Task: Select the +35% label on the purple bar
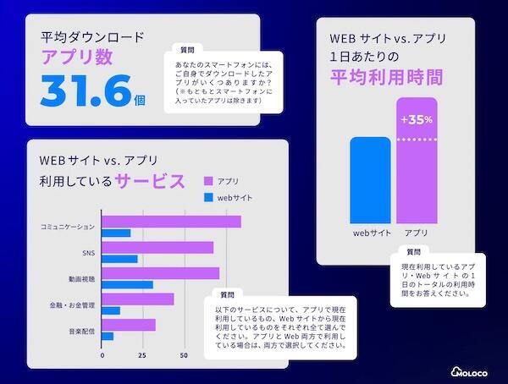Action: [x=417, y=119]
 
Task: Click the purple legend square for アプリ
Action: [x=208, y=181]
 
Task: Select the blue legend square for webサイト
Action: [x=208, y=198]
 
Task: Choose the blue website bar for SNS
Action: [x=119, y=259]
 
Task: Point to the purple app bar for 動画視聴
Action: [x=160, y=273]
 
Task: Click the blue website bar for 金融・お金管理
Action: [x=111, y=310]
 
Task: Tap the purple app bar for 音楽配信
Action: [x=129, y=325]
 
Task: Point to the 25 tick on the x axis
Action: [x=142, y=355]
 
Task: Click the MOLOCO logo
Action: [x=475, y=368]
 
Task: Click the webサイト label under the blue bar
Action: [x=370, y=232]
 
